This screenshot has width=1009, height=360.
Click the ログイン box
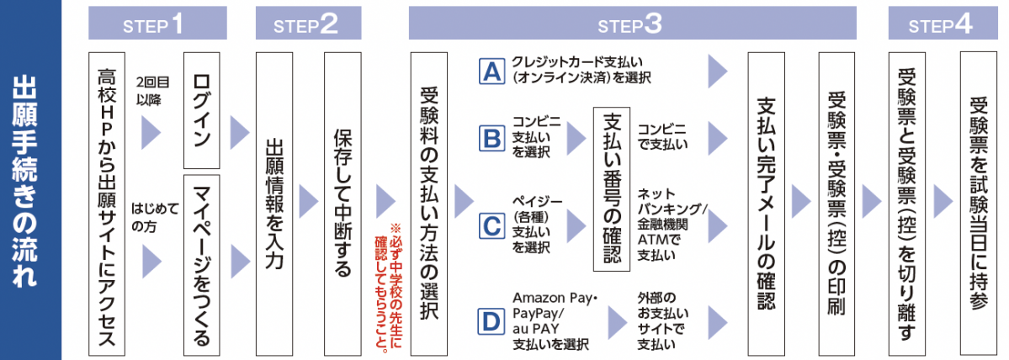coord(202,111)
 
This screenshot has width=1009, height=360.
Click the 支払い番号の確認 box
coord(612,188)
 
